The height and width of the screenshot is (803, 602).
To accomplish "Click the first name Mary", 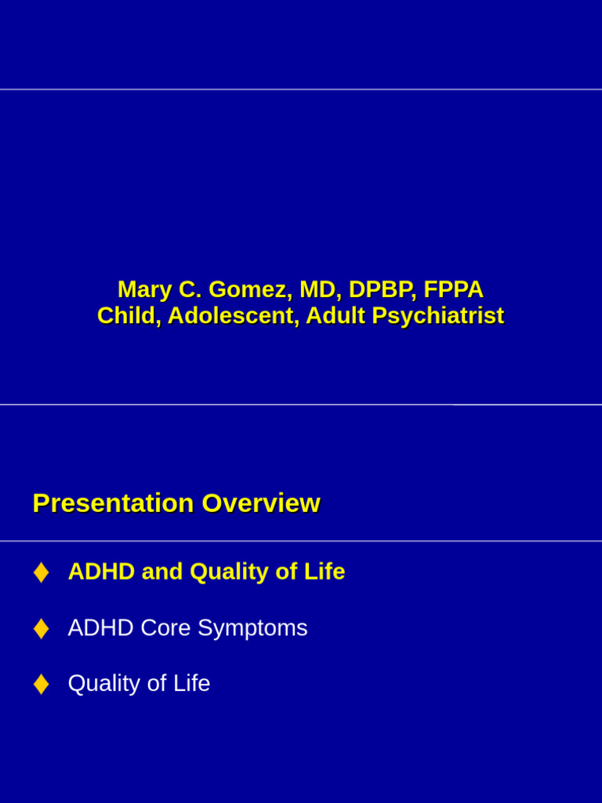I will (x=144, y=289).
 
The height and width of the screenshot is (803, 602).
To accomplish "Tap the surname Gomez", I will (x=250, y=289).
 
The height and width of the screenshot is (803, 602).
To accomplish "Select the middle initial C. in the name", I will (x=190, y=289).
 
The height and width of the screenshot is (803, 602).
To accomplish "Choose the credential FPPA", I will (x=454, y=289).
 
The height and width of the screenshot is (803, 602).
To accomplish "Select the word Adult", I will (x=335, y=315).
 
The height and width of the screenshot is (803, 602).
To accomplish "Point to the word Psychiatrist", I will (x=437, y=316).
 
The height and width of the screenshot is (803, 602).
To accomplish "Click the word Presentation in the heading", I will (x=113, y=503).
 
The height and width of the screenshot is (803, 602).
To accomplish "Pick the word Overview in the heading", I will (x=261, y=503).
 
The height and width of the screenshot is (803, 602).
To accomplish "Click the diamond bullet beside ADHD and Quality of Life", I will (x=41, y=572).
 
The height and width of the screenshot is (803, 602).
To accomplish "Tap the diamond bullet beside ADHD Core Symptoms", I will (x=41, y=628).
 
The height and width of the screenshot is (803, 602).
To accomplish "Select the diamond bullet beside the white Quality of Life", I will (x=41, y=684).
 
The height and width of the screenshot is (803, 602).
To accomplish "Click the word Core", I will (x=165, y=627).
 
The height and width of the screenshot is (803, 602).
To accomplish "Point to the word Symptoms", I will (x=252, y=628).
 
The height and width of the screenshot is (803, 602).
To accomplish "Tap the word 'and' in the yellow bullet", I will (x=161, y=572).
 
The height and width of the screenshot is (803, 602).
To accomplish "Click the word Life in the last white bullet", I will (x=191, y=683).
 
